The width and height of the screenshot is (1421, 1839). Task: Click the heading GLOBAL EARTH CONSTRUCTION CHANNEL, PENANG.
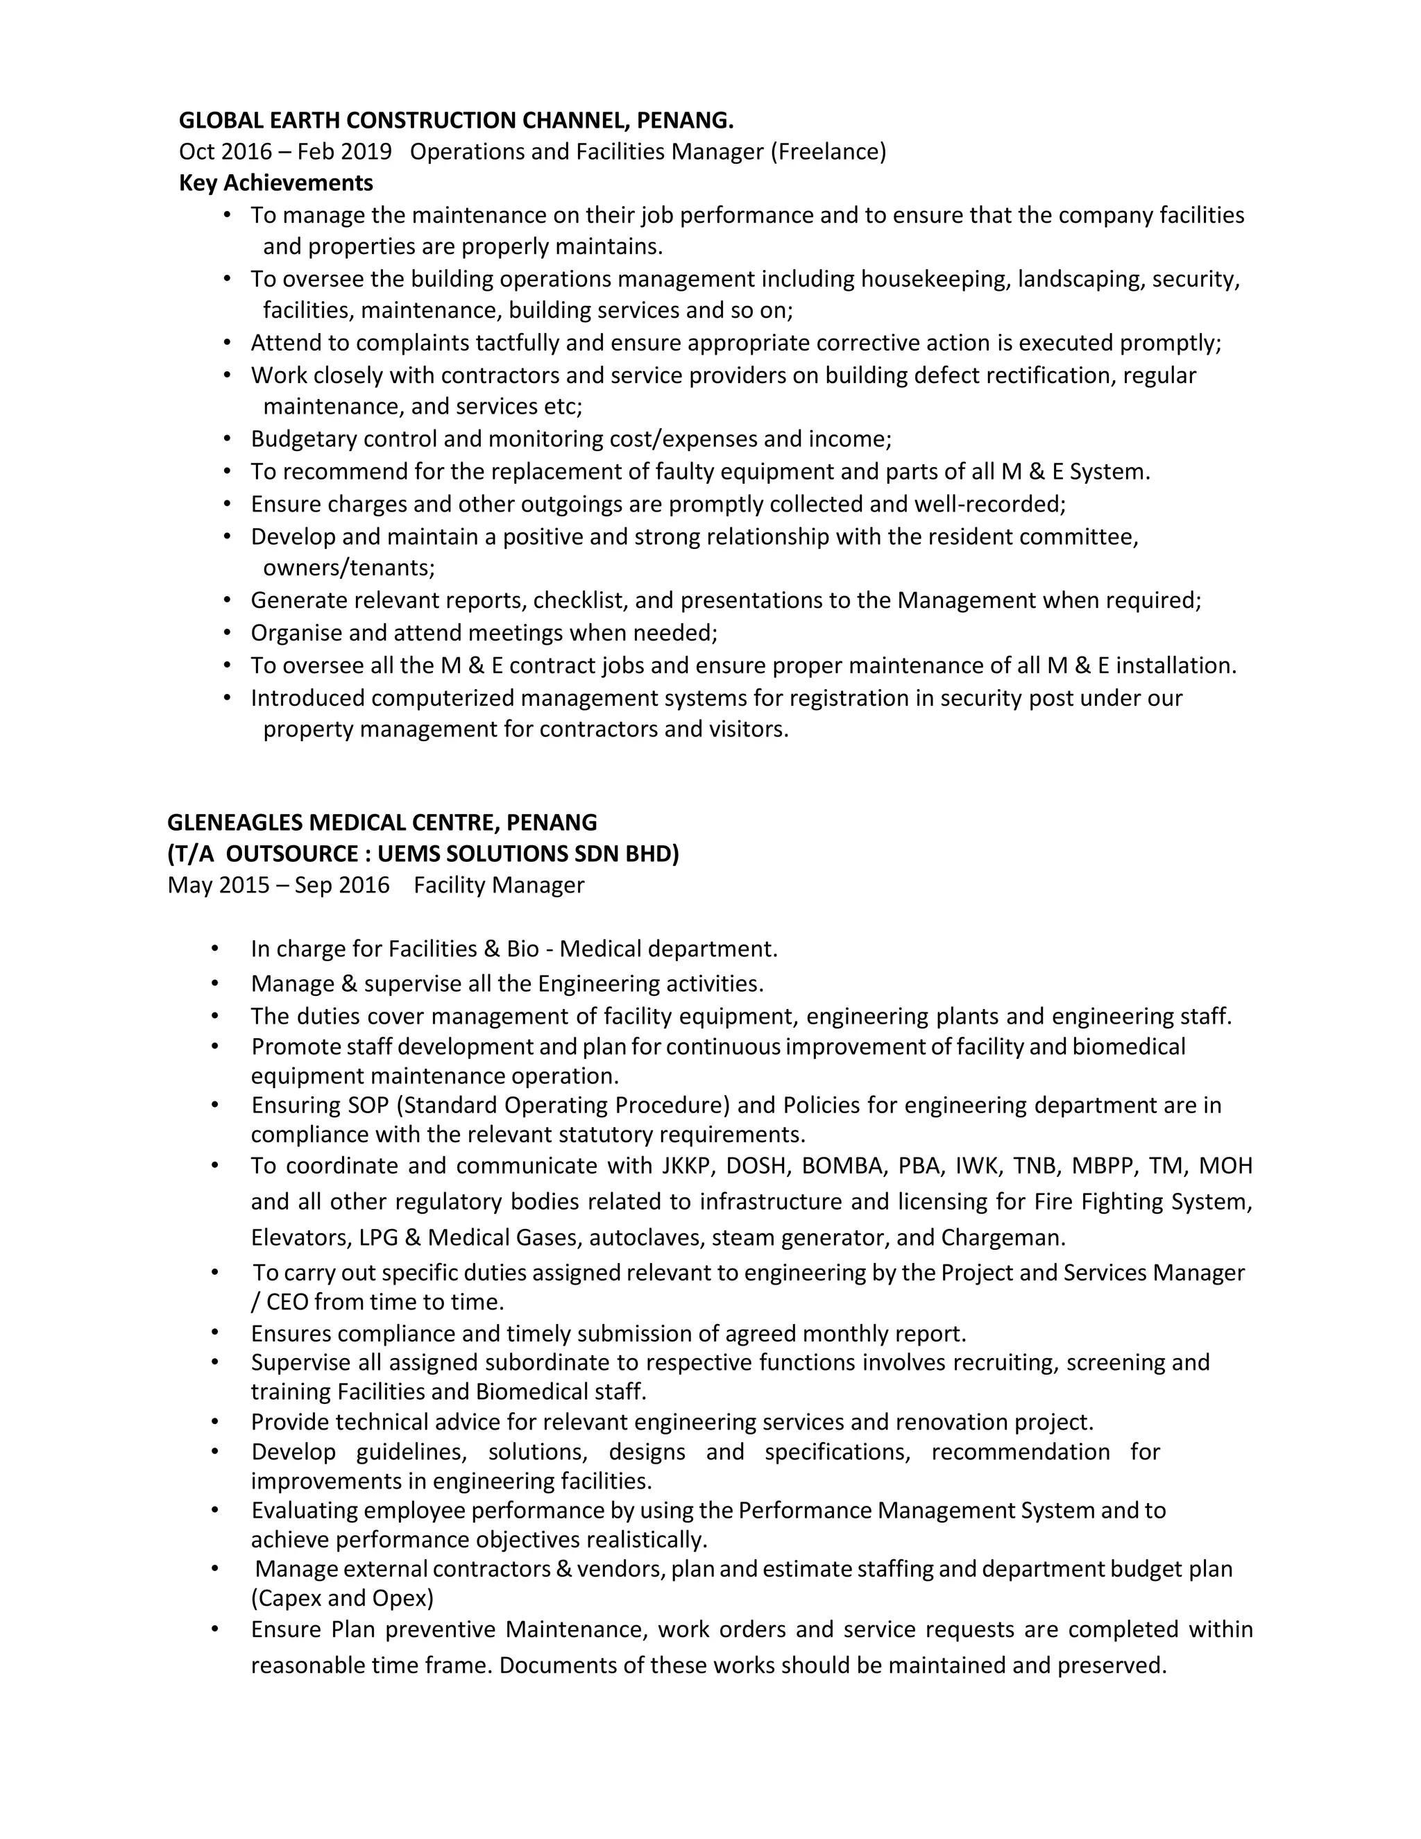click(x=455, y=121)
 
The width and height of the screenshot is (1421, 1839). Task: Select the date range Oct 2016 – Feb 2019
click(x=284, y=151)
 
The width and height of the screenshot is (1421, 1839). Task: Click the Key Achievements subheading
click(x=275, y=183)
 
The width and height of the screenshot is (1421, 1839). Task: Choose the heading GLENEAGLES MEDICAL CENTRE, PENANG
click(x=382, y=822)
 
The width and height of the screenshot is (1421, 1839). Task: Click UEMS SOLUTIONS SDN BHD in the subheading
click(x=528, y=854)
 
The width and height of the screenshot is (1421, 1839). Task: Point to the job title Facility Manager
click(x=498, y=885)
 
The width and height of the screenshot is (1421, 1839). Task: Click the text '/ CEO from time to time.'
click(x=377, y=1302)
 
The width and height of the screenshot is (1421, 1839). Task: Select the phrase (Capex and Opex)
click(x=342, y=1598)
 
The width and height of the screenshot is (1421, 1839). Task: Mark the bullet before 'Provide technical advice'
click(x=216, y=1422)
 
